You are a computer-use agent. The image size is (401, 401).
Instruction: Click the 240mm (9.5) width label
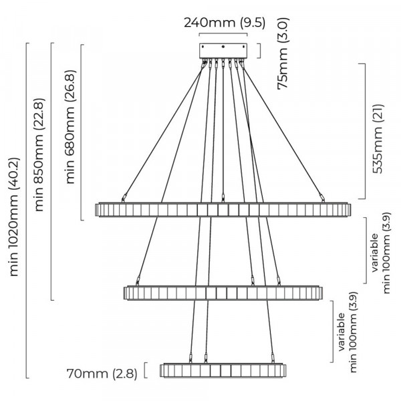click(225, 23)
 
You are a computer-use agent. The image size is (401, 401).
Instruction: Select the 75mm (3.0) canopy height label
click(283, 53)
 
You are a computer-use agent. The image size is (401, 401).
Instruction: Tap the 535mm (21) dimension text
click(378, 139)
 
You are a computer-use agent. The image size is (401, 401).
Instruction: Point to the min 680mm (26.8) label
click(70, 126)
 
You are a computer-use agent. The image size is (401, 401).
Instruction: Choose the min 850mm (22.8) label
click(39, 154)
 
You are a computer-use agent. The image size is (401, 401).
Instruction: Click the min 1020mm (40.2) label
click(13, 217)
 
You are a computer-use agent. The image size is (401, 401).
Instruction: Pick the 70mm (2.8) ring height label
click(102, 374)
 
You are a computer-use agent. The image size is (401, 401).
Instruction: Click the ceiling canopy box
click(223, 51)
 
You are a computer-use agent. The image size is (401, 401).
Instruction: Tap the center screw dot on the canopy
click(223, 47)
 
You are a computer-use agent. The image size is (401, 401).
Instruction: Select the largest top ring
click(223, 210)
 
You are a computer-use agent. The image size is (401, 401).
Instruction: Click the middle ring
click(223, 293)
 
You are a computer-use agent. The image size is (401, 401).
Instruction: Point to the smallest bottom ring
click(223, 370)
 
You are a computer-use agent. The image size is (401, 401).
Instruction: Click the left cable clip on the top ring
click(124, 198)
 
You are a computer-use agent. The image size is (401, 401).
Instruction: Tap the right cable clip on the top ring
click(322, 198)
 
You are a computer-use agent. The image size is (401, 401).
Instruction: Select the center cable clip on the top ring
click(223, 198)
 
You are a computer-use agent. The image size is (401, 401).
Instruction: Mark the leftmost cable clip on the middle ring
click(138, 281)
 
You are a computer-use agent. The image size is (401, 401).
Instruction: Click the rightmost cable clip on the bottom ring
click(273, 358)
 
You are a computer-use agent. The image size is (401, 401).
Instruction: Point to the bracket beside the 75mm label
click(260, 51)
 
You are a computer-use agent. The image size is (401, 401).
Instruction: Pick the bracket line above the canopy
click(223, 34)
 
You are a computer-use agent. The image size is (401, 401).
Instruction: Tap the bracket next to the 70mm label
click(145, 370)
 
